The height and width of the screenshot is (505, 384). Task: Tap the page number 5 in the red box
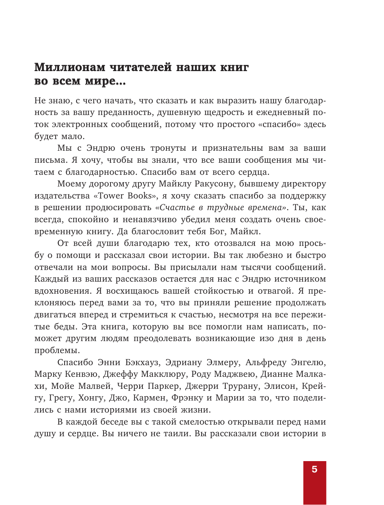coord(314,469)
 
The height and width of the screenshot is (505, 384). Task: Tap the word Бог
coord(217,232)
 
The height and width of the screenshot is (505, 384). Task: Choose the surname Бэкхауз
coord(142,362)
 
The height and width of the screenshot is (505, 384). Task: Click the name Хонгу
coord(91,398)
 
